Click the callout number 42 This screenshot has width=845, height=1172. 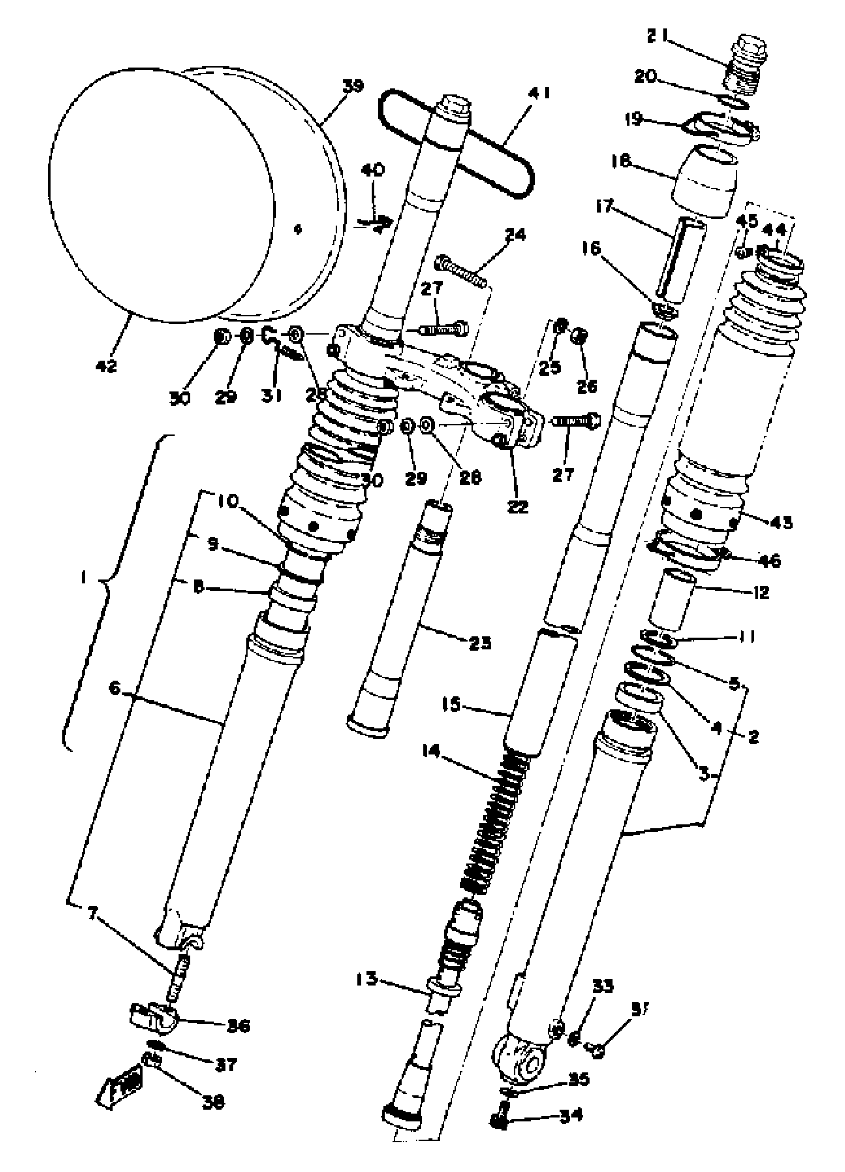click(x=106, y=366)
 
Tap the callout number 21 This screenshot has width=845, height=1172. click(x=658, y=37)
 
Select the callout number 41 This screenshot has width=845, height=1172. click(x=539, y=94)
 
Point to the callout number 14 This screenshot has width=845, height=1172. click(x=431, y=751)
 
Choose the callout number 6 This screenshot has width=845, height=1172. click(x=115, y=688)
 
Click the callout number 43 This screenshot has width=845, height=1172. click(x=780, y=523)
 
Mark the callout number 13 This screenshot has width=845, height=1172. click(x=367, y=978)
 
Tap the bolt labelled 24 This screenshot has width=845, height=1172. click(x=462, y=270)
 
